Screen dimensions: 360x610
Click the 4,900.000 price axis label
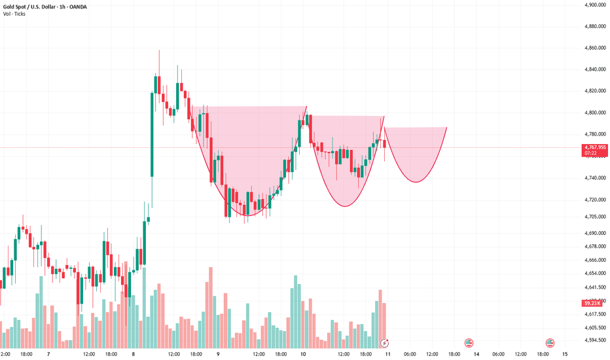click(595, 5)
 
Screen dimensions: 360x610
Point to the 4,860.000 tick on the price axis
click(595, 48)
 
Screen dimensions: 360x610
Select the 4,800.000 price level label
click(595, 113)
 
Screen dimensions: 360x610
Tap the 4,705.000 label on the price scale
click(595, 217)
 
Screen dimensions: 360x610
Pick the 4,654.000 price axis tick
click(595, 273)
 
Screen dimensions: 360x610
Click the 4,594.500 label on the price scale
click(595, 340)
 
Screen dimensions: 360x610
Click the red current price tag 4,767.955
click(595, 148)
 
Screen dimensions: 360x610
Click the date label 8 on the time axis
click(133, 354)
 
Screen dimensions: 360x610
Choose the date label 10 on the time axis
click(303, 354)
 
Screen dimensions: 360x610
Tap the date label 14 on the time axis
click(468, 354)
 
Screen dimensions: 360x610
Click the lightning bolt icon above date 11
click(386, 342)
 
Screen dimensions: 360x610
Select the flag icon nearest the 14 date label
click(469, 342)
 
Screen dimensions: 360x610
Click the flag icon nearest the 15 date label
click(550, 342)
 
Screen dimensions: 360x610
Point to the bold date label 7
click(48, 354)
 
